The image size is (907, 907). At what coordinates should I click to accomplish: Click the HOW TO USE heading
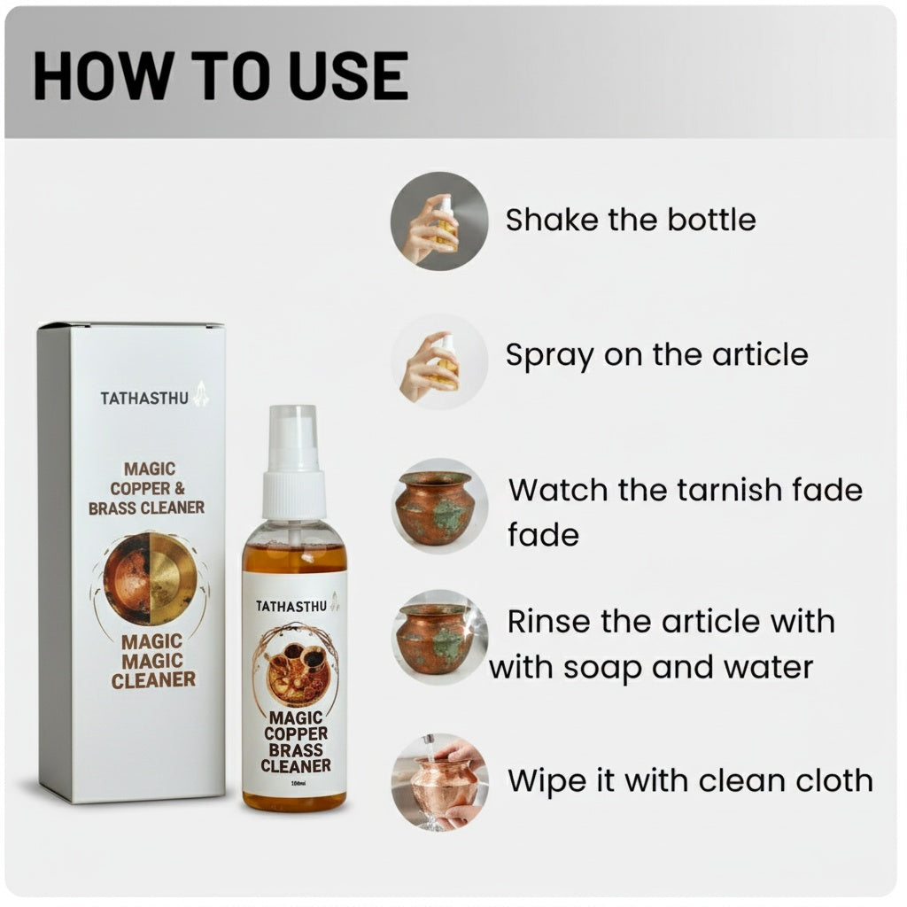pyautogui.click(x=220, y=76)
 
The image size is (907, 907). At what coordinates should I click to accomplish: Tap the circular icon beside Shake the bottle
pyautogui.click(x=438, y=221)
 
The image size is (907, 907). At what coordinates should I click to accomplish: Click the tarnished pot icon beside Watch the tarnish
pyautogui.click(x=439, y=505)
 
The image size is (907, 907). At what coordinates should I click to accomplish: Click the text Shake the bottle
pyautogui.click(x=631, y=220)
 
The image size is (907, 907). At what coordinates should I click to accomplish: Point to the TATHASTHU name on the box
pyautogui.click(x=144, y=398)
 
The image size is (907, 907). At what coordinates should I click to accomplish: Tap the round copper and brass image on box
pyautogui.click(x=149, y=578)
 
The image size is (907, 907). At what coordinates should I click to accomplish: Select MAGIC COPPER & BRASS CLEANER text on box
pyautogui.click(x=146, y=488)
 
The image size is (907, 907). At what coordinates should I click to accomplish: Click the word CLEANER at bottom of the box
pyautogui.click(x=153, y=680)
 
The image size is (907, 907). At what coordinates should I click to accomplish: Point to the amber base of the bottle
pyautogui.click(x=294, y=801)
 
